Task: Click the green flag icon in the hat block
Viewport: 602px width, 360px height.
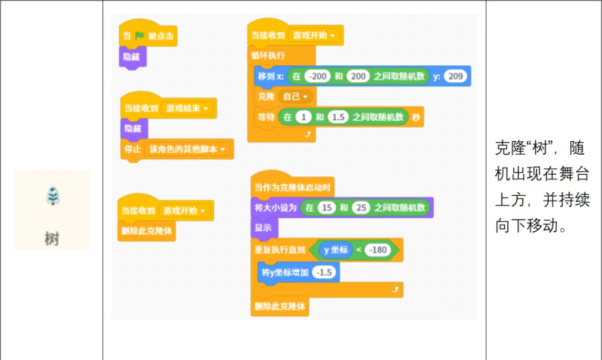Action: (139, 36)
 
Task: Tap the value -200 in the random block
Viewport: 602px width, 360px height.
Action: (318, 76)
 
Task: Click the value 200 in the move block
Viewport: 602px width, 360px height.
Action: (359, 76)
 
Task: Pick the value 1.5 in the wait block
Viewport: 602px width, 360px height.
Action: (338, 117)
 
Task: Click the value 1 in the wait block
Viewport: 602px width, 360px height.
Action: (303, 117)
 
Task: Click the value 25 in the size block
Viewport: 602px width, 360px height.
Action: (360, 208)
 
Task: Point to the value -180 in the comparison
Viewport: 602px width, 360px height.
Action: (377, 250)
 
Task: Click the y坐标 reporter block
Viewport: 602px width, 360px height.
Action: (336, 250)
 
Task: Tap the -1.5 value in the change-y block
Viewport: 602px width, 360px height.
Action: (323, 272)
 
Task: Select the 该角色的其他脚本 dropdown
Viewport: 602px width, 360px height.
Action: (188, 149)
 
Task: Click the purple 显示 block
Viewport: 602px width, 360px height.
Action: (263, 228)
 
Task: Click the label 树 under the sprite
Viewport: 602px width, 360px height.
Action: (52, 239)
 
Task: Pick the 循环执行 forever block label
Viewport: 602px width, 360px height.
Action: (268, 55)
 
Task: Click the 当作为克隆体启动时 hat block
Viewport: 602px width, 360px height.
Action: (292, 188)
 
